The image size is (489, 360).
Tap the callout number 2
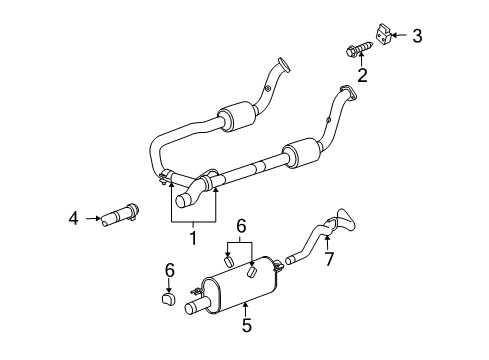(362, 73)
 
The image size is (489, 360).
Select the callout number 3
(417, 37)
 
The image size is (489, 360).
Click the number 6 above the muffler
(239, 228)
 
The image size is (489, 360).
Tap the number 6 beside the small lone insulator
(170, 269)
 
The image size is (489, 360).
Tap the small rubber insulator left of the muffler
(169, 298)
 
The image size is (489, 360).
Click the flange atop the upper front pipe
(284, 67)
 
